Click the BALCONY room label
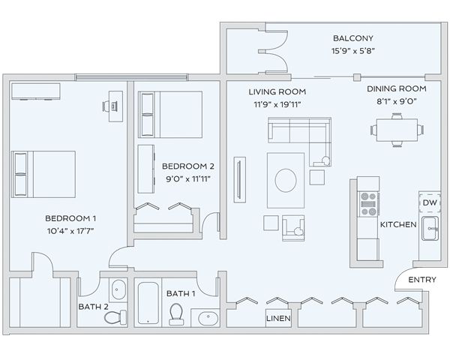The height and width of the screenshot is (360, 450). click(x=353, y=38)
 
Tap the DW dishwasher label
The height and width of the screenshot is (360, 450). click(x=430, y=202)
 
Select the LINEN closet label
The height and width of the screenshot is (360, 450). click(x=278, y=318)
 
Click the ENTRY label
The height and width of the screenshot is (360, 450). click(x=422, y=280)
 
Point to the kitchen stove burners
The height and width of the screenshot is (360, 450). click(x=369, y=204)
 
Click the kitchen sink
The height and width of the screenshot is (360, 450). click(x=430, y=228)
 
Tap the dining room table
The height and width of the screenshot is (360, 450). click(x=397, y=130)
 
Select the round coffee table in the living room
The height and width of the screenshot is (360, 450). click(x=286, y=180)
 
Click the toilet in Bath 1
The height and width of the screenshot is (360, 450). click(x=176, y=314)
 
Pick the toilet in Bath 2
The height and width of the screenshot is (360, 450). click(x=115, y=317)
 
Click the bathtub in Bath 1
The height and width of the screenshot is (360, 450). click(x=148, y=303)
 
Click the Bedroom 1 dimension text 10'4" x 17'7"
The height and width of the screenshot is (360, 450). click(x=70, y=231)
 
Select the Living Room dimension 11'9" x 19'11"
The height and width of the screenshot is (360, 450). click(x=277, y=104)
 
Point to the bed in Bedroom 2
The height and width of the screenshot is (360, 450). click(x=170, y=115)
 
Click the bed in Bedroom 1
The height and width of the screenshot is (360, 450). click(x=43, y=174)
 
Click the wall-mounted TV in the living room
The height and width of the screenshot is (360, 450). click(x=240, y=180)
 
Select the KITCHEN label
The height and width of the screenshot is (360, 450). click(x=398, y=224)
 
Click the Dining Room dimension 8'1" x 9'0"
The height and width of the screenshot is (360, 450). click(x=397, y=101)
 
